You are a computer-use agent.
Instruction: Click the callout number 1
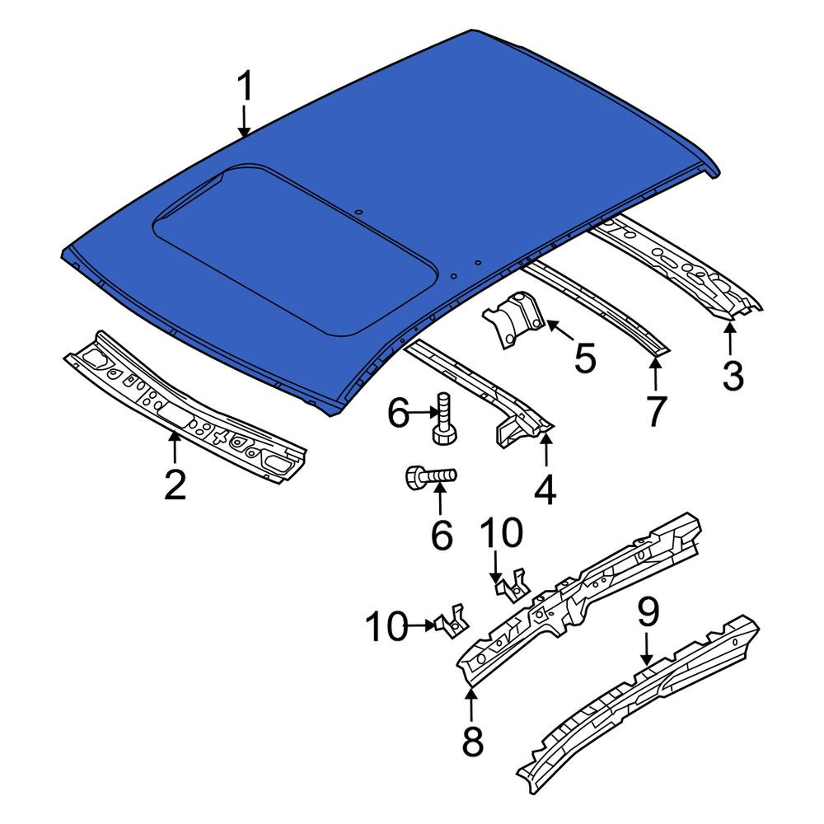(x=244, y=87)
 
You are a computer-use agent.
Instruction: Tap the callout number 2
(x=175, y=485)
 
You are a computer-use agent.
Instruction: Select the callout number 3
(x=733, y=376)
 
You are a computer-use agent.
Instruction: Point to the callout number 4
(x=545, y=489)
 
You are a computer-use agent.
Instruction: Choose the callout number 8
(x=472, y=741)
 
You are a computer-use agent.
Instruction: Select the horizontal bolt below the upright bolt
(x=431, y=476)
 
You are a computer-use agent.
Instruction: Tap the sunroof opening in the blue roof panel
(x=294, y=250)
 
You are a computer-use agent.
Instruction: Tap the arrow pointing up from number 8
(x=471, y=705)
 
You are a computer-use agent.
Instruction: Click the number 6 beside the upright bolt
(x=398, y=413)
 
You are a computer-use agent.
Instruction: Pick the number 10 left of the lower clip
(x=386, y=626)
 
